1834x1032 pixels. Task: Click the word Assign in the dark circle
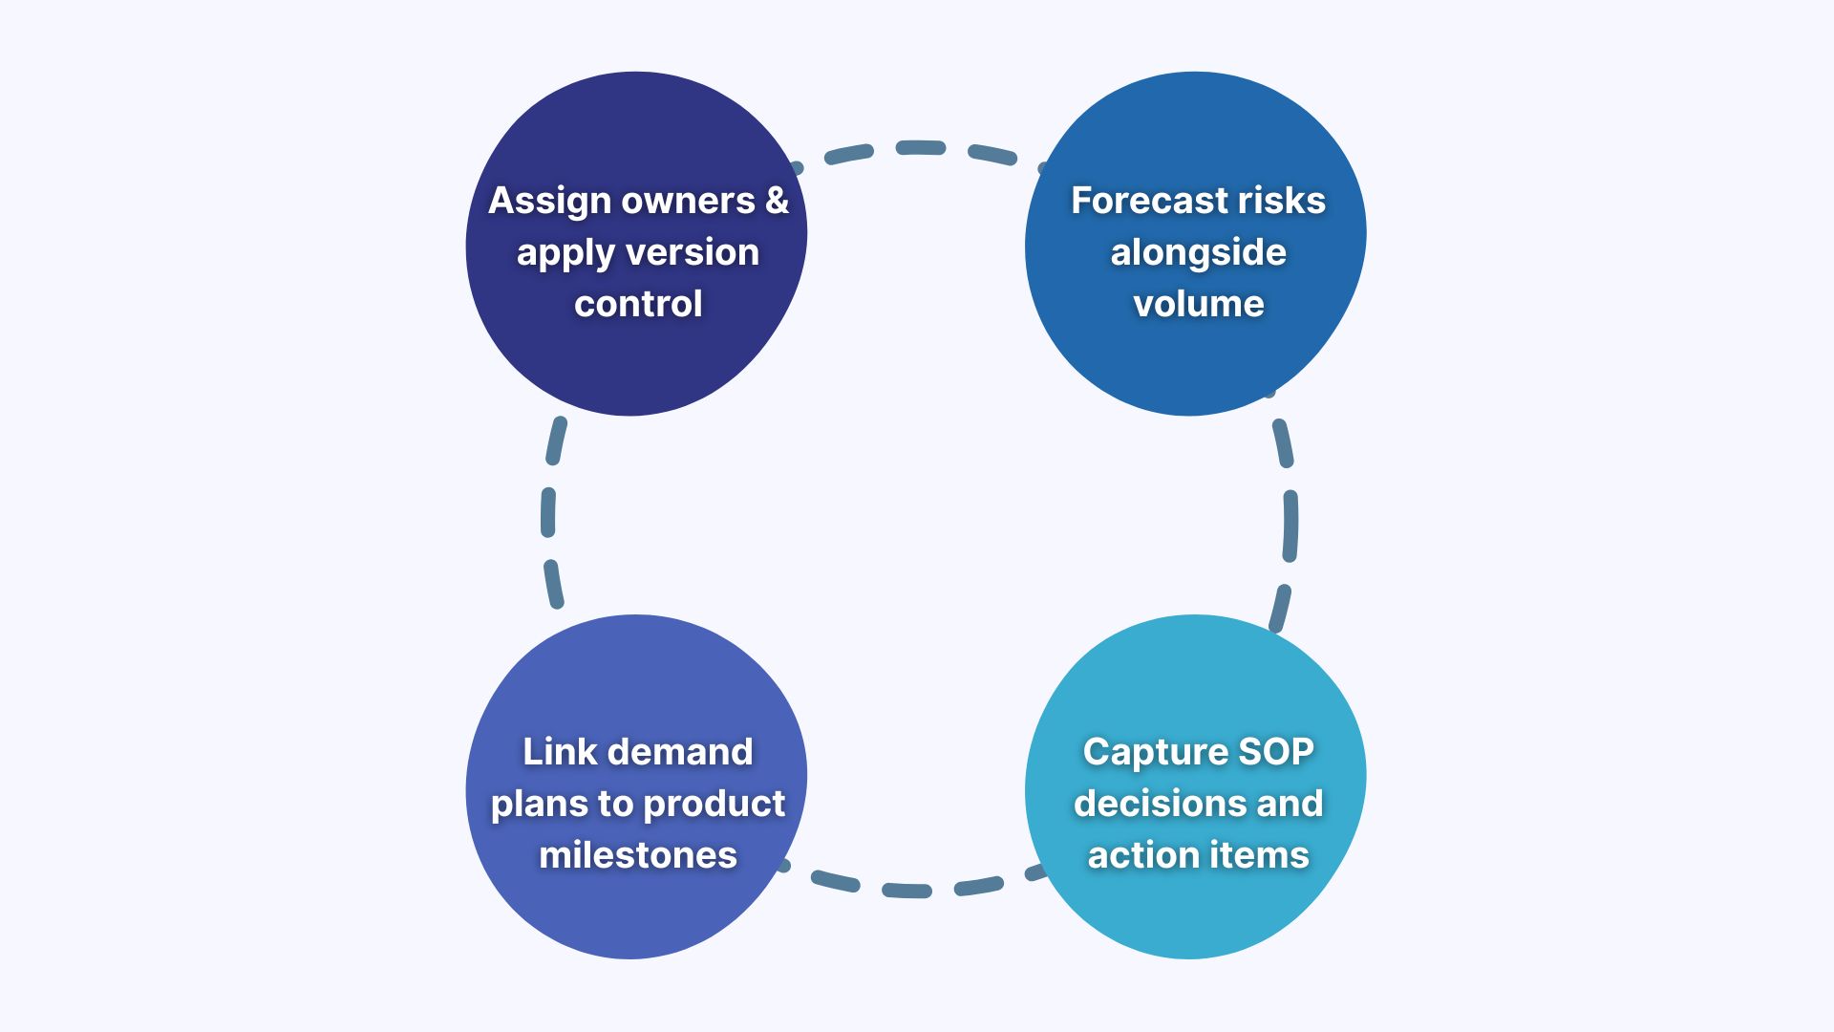tap(549, 202)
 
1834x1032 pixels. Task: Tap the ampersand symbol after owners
tap(777, 201)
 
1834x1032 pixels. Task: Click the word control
tap(638, 304)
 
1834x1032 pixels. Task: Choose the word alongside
tap(1198, 252)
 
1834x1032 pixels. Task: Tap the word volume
tap(1198, 304)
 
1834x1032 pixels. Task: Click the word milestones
tap(638, 855)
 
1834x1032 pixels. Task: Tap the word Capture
tap(1155, 752)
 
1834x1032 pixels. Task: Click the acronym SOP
tap(1276, 752)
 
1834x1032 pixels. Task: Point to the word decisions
tap(1159, 804)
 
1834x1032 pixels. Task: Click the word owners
tap(688, 201)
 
